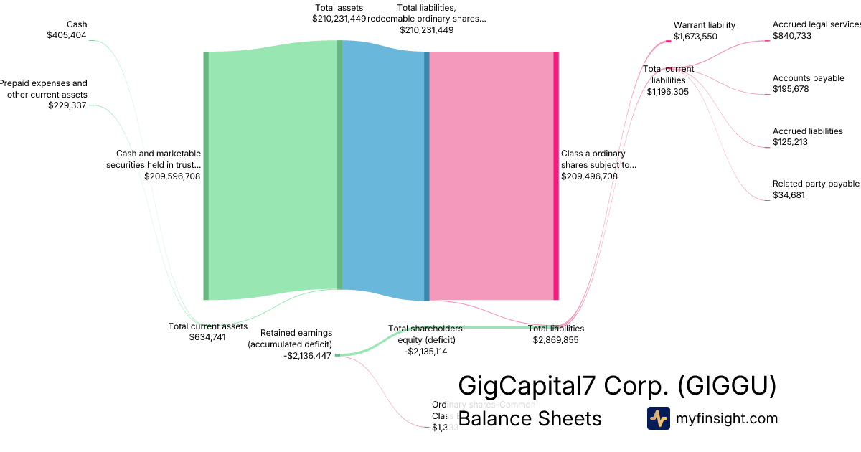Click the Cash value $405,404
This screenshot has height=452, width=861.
tap(67, 34)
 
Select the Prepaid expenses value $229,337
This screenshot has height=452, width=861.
tap(67, 105)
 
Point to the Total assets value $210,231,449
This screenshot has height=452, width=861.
tap(339, 19)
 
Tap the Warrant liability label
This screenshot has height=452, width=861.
tap(704, 25)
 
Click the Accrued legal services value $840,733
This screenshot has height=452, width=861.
tap(792, 36)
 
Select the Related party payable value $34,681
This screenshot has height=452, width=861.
tap(789, 194)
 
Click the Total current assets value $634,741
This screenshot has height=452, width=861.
tap(207, 336)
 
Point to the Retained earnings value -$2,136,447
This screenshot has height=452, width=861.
tap(307, 355)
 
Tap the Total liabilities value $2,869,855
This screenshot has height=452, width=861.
tap(555, 340)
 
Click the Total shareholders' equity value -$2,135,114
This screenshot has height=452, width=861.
tap(426, 352)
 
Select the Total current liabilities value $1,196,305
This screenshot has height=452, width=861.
tap(668, 91)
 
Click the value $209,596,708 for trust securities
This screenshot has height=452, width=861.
tap(172, 176)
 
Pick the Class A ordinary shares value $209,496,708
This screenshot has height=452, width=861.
tap(589, 176)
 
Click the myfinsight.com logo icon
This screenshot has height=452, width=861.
tap(658, 418)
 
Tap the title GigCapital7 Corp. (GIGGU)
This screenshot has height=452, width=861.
tap(617, 386)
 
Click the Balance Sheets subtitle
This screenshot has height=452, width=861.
tap(530, 418)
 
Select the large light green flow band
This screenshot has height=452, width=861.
tap(273, 172)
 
